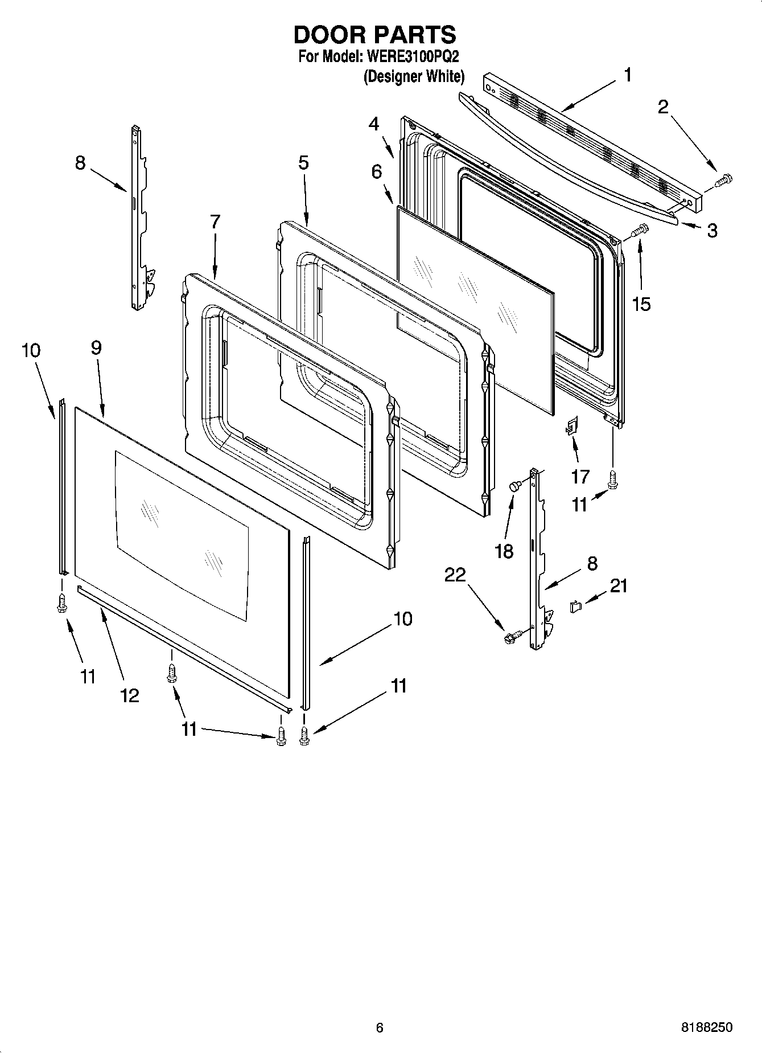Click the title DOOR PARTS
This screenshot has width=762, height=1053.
click(374, 35)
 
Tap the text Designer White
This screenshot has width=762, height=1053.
click(414, 76)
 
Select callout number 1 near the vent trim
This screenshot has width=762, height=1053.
click(627, 75)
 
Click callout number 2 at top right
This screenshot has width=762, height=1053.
click(663, 106)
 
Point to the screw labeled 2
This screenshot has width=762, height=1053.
click(723, 180)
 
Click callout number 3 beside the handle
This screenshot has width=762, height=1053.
click(712, 231)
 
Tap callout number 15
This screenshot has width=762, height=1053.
click(641, 304)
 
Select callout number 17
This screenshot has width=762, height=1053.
click(580, 476)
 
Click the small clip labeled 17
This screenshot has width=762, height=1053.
click(571, 425)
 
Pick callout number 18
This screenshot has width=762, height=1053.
click(504, 551)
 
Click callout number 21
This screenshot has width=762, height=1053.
click(619, 585)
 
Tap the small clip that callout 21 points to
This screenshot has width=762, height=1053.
click(575, 607)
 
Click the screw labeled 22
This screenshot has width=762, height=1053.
click(510, 638)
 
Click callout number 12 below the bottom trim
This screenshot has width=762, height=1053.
click(130, 695)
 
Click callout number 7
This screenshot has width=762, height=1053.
click(215, 222)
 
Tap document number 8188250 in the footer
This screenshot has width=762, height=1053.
click(706, 1028)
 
